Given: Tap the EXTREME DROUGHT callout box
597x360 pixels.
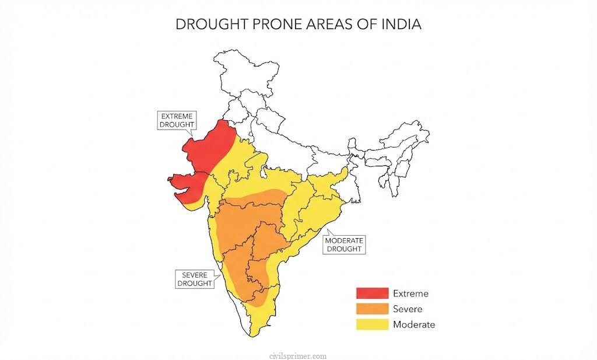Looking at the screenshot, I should click(177, 120).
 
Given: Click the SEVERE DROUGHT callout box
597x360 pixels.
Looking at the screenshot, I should click(195, 279).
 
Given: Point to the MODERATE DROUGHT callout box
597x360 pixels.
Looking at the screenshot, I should click(344, 244).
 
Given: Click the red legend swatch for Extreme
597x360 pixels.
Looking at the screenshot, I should click(372, 293).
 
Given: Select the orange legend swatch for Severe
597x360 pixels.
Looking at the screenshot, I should click(372, 309).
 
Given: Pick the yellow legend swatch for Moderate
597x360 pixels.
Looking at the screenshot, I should click(372, 324).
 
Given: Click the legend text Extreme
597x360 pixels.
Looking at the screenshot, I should click(410, 293).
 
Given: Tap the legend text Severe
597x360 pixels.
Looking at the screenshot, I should click(408, 309).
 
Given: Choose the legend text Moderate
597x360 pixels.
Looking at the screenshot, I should click(414, 324).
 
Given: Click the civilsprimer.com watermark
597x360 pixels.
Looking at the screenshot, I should click(298, 355).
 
